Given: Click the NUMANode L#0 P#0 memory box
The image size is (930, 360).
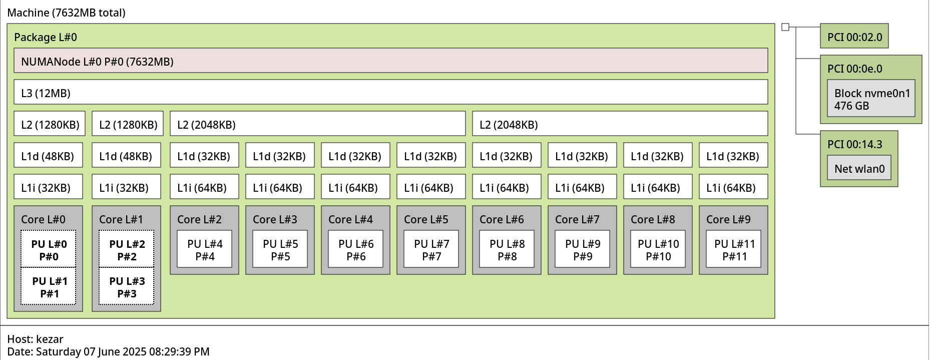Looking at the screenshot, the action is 390,61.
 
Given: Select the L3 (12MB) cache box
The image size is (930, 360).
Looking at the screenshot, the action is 390,92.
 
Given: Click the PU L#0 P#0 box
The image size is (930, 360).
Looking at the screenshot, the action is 49,249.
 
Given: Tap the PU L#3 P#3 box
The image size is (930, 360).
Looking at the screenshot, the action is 127,286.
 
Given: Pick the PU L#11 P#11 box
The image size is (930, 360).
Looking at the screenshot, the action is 733,249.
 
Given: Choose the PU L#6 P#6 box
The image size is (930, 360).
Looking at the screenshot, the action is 355,249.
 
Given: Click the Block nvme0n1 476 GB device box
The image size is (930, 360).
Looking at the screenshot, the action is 871,98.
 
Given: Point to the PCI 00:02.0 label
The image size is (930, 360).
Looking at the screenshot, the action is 855,37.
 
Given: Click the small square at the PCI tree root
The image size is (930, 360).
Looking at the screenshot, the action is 785,27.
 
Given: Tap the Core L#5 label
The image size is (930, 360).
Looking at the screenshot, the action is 426,219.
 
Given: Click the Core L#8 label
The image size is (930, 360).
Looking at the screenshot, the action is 653,219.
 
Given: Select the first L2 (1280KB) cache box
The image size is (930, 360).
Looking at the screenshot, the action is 50,124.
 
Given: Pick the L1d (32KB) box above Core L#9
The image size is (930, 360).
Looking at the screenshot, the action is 733,155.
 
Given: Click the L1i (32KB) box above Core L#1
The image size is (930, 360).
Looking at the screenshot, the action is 126,187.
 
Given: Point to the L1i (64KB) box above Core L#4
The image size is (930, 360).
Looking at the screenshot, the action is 355,187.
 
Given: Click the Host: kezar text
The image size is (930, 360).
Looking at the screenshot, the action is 35,339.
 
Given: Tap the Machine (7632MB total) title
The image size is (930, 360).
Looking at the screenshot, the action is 66,13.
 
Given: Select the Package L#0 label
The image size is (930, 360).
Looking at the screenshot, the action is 46,37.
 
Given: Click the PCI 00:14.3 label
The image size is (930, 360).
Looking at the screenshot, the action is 855,144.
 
